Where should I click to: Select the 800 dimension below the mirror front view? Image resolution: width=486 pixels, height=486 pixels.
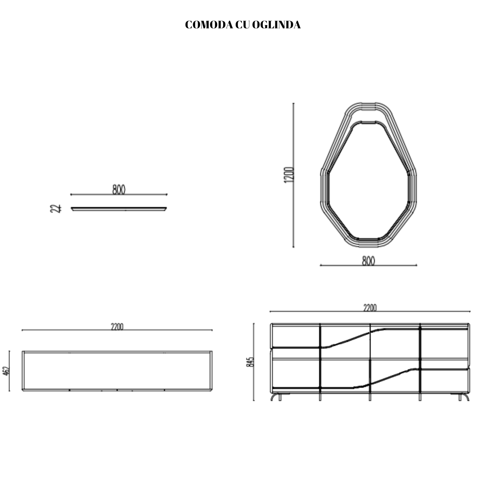[x=368, y=261]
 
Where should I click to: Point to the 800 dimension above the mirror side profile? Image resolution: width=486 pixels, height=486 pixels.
[x=119, y=190]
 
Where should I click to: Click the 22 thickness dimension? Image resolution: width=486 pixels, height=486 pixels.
[x=58, y=209]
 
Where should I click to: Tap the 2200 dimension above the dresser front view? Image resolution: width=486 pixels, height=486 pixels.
[x=369, y=308]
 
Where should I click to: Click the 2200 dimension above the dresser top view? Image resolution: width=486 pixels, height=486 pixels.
[x=117, y=326]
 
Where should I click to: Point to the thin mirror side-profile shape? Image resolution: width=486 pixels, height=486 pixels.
[x=119, y=209]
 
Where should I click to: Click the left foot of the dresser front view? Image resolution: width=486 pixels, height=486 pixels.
[x=277, y=397]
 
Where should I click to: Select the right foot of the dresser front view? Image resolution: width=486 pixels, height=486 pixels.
[x=464, y=397]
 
